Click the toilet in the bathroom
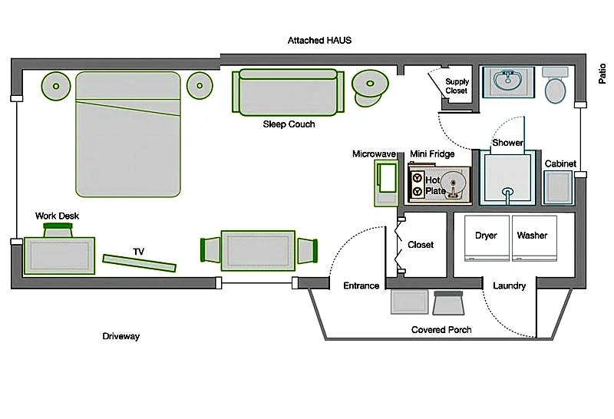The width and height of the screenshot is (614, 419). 555,85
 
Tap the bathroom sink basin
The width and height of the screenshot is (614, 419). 508,80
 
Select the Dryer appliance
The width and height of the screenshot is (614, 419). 487,238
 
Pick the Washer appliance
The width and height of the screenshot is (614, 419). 534,238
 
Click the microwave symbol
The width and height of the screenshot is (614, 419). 387,183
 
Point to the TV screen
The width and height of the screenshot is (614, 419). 140,263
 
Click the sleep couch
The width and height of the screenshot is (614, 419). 289,92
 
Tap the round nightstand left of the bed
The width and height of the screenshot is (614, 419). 56,86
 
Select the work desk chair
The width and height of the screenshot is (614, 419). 58,230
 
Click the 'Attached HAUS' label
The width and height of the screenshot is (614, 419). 319,41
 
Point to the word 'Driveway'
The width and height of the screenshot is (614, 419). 121,336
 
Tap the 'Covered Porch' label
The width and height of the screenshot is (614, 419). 441,330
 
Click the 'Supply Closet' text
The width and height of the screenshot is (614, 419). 457,86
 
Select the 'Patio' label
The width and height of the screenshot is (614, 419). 602,74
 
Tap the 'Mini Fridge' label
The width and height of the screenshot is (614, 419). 432,154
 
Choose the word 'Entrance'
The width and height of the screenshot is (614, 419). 361,286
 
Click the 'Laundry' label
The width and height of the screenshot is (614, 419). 509,286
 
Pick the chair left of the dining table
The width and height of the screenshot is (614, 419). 210,250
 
